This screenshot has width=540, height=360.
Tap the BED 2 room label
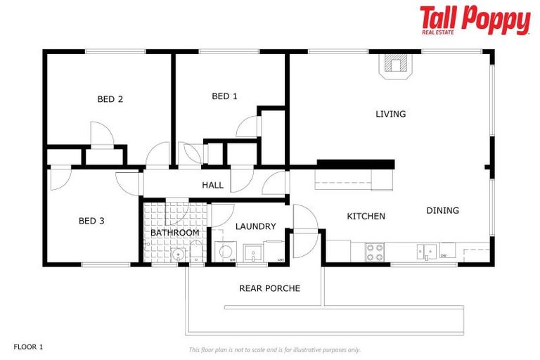110,99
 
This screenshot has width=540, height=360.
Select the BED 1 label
224,96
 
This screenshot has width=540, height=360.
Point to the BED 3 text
91,221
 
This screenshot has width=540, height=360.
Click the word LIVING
390,114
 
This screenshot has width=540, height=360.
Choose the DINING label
442,210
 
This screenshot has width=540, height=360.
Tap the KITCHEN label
366,216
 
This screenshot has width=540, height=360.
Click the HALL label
212,186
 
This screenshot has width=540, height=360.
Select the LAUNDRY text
255,226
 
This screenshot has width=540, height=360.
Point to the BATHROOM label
174,232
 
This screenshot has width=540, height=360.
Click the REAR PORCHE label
269,288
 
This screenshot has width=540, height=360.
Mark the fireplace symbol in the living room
396,66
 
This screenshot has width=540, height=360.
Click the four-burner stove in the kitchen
374,252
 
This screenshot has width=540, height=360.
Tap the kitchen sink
427,251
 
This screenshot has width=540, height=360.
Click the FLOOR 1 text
29,347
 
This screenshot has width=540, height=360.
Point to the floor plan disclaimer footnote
274,349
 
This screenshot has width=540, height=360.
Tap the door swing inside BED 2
99,134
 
